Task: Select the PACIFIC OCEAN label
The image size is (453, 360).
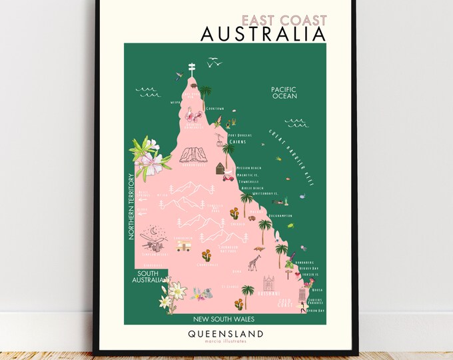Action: click(283, 92)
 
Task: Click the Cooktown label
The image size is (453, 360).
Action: click(214, 109)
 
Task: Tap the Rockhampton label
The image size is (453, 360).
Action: click(281, 217)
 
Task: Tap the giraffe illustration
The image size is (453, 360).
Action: click(253, 264)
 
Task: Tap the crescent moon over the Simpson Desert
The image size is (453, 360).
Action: click(154, 231)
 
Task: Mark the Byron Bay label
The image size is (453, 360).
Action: click(317, 311)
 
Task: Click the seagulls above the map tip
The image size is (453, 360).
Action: click(214, 63)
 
